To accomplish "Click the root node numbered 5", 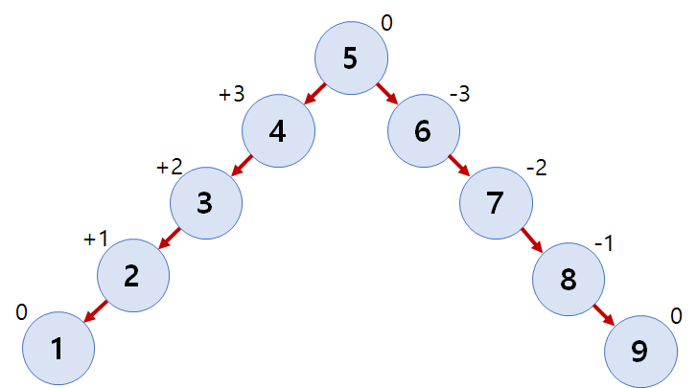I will pos(351,58).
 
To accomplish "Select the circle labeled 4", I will pos(278,131).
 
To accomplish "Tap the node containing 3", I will pos(205,203).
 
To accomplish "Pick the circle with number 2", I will pos(132,276).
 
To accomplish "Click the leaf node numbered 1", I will pos(58,349).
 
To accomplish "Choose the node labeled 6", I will pos(424,131).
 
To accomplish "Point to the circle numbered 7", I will pos(496,203).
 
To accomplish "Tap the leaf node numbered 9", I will pos(640,351).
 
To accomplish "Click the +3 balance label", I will pos(232,95).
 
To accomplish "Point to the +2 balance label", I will pos(169,168).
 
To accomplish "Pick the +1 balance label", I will pos(96,240).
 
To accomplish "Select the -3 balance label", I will pos(460,95).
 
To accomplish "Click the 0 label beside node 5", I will pos(387,21).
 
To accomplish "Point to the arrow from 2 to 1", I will pos(95,312).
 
